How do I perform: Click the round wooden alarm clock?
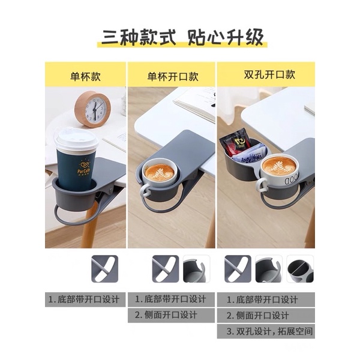point(92,109)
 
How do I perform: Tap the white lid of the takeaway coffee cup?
point(76,140)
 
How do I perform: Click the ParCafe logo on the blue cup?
point(83,168)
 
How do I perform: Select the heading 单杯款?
point(85,76)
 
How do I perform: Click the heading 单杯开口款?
point(173,76)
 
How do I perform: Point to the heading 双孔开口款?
point(269,74)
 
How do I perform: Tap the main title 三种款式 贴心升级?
point(182,37)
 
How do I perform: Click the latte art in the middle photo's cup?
point(160,172)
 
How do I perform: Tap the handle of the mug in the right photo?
point(262,185)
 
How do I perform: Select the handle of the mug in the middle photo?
point(145,191)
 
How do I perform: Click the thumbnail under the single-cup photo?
point(104,269)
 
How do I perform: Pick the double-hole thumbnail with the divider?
point(300,269)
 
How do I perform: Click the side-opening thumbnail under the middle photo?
point(196,269)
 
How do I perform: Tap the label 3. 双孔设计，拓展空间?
point(269,331)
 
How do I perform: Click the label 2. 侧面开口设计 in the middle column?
point(166,315)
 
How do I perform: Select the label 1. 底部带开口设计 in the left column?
point(84,299)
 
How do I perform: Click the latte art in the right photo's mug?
point(279,166)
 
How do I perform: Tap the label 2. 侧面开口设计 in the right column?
point(257,316)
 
